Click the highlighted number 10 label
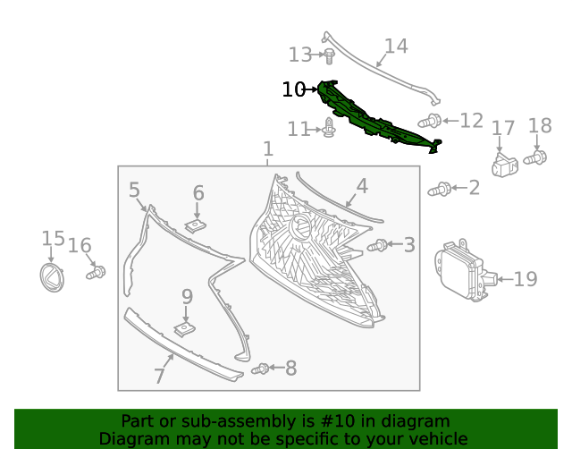(293, 89)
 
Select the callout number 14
(395, 46)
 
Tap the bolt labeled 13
(329, 56)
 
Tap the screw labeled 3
(379, 245)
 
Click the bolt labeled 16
(95, 271)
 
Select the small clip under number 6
(197, 224)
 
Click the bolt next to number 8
(261, 369)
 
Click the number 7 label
(159, 376)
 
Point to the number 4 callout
(362, 186)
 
